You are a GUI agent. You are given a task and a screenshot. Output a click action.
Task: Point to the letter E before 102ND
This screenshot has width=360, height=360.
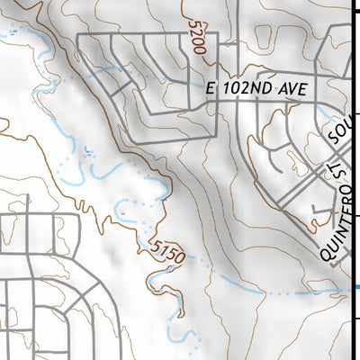click(x=211, y=91)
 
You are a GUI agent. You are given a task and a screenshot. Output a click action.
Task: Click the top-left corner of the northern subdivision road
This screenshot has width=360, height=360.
click(x=79, y=35)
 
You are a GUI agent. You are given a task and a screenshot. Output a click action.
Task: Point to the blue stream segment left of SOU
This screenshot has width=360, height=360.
click(x=319, y=115)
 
